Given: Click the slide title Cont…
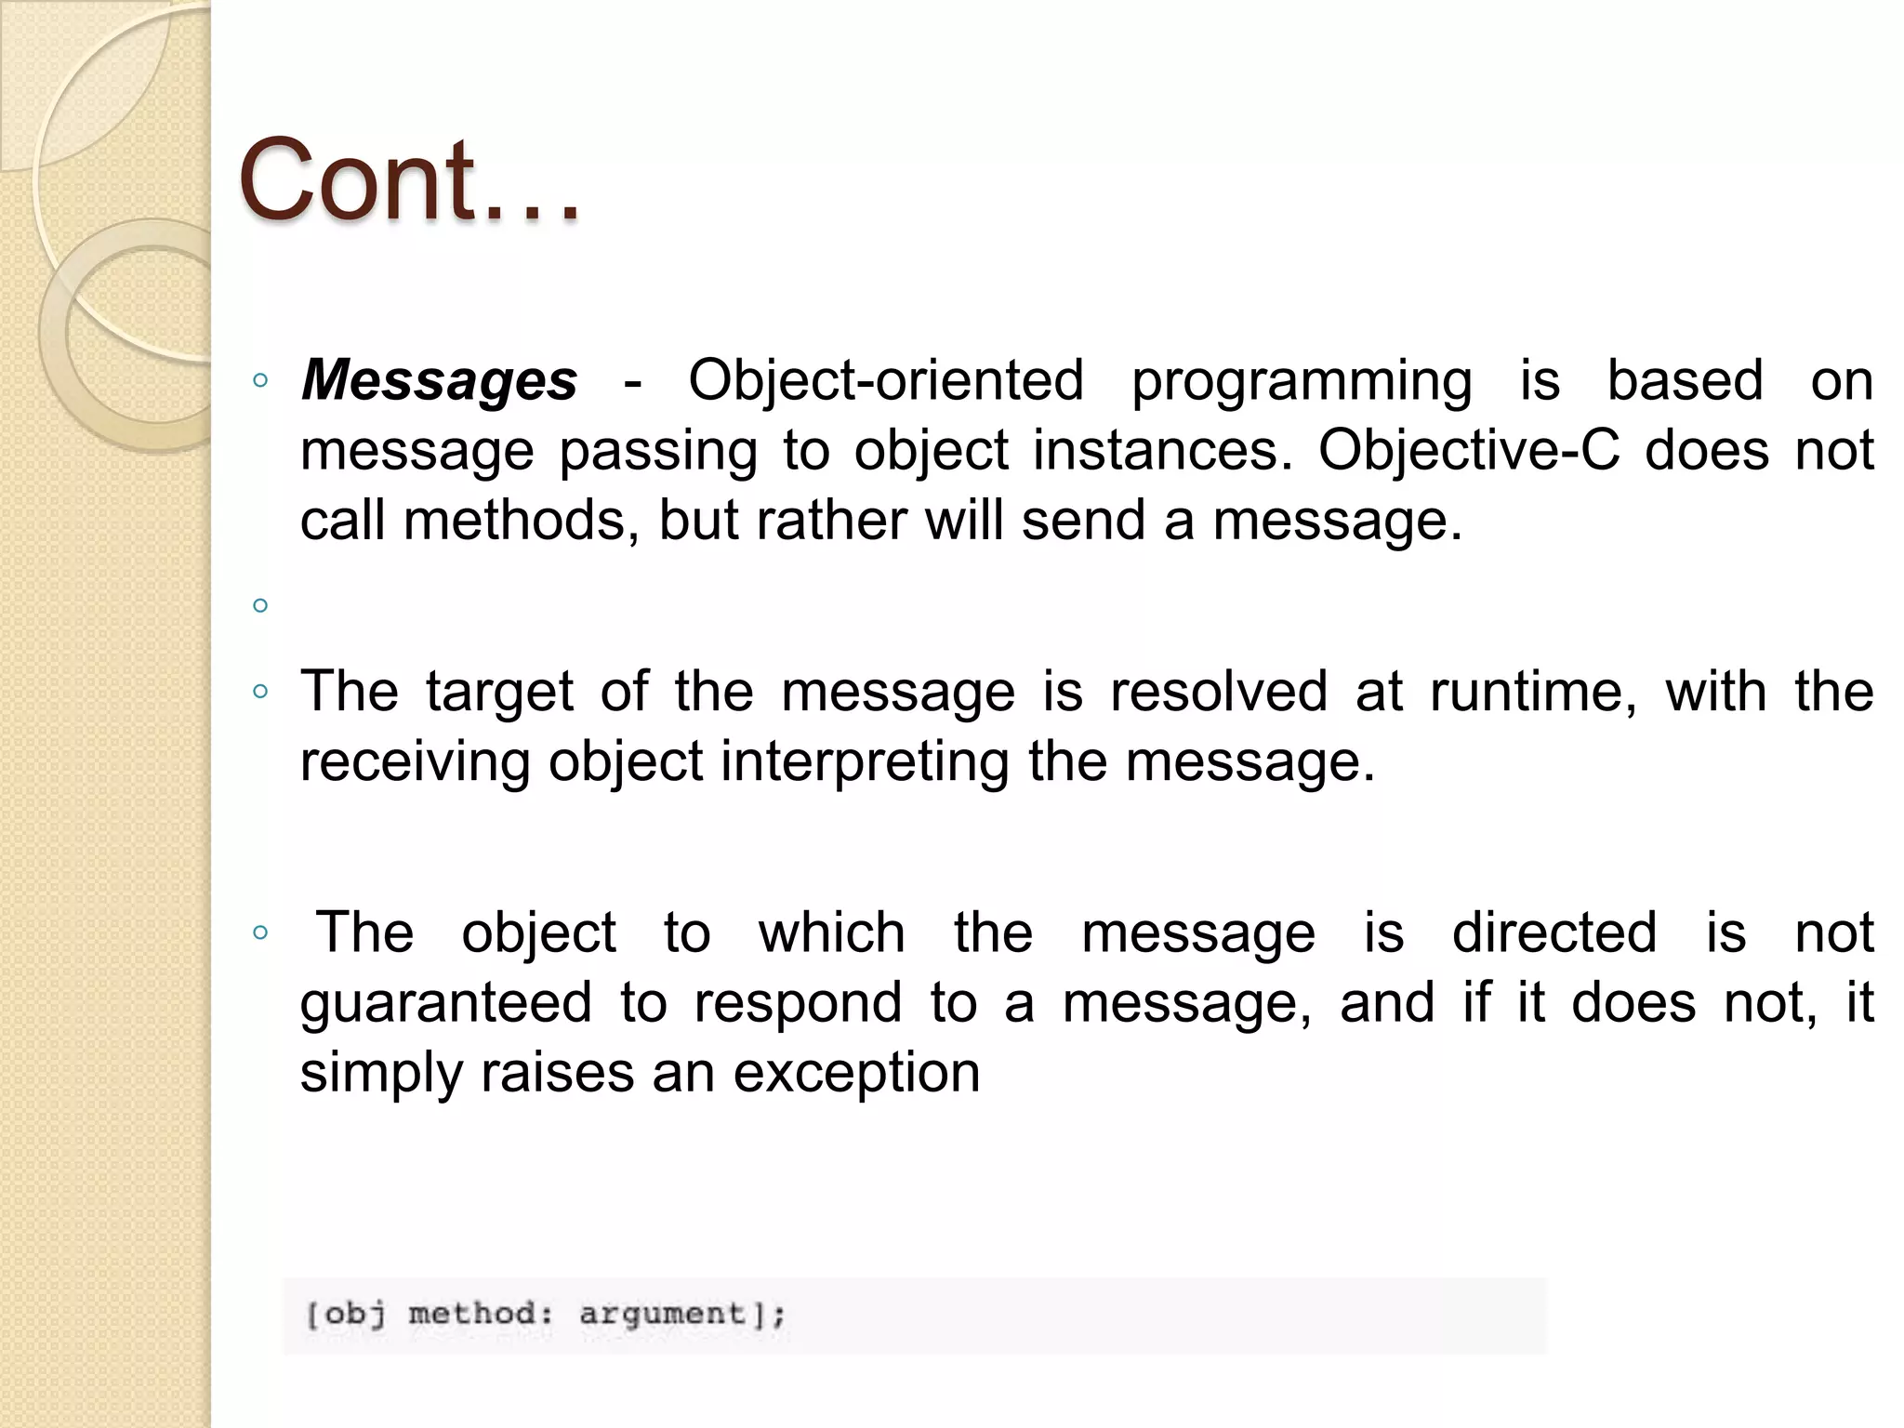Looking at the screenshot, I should pyautogui.click(x=409, y=180).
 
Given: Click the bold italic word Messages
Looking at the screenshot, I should pyautogui.click(x=439, y=381).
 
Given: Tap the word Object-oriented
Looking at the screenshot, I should pyautogui.click(x=886, y=381).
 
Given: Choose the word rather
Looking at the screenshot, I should pyautogui.click(x=832, y=520).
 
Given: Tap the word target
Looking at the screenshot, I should pyautogui.click(x=500, y=693).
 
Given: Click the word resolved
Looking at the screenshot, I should pyautogui.click(x=1219, y=692).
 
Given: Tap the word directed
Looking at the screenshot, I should pyautogui.click(x=1554, y=932).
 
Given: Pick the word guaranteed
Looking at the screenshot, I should pyautogui.click(x=446, y=1003).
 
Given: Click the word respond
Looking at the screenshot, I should pyautogui.click(x=798, y=1004).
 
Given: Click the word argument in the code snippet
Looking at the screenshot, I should pyautogui.click(x=663, y=1314).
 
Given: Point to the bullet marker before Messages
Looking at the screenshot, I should pyautogui.click(x=260, y=380).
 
